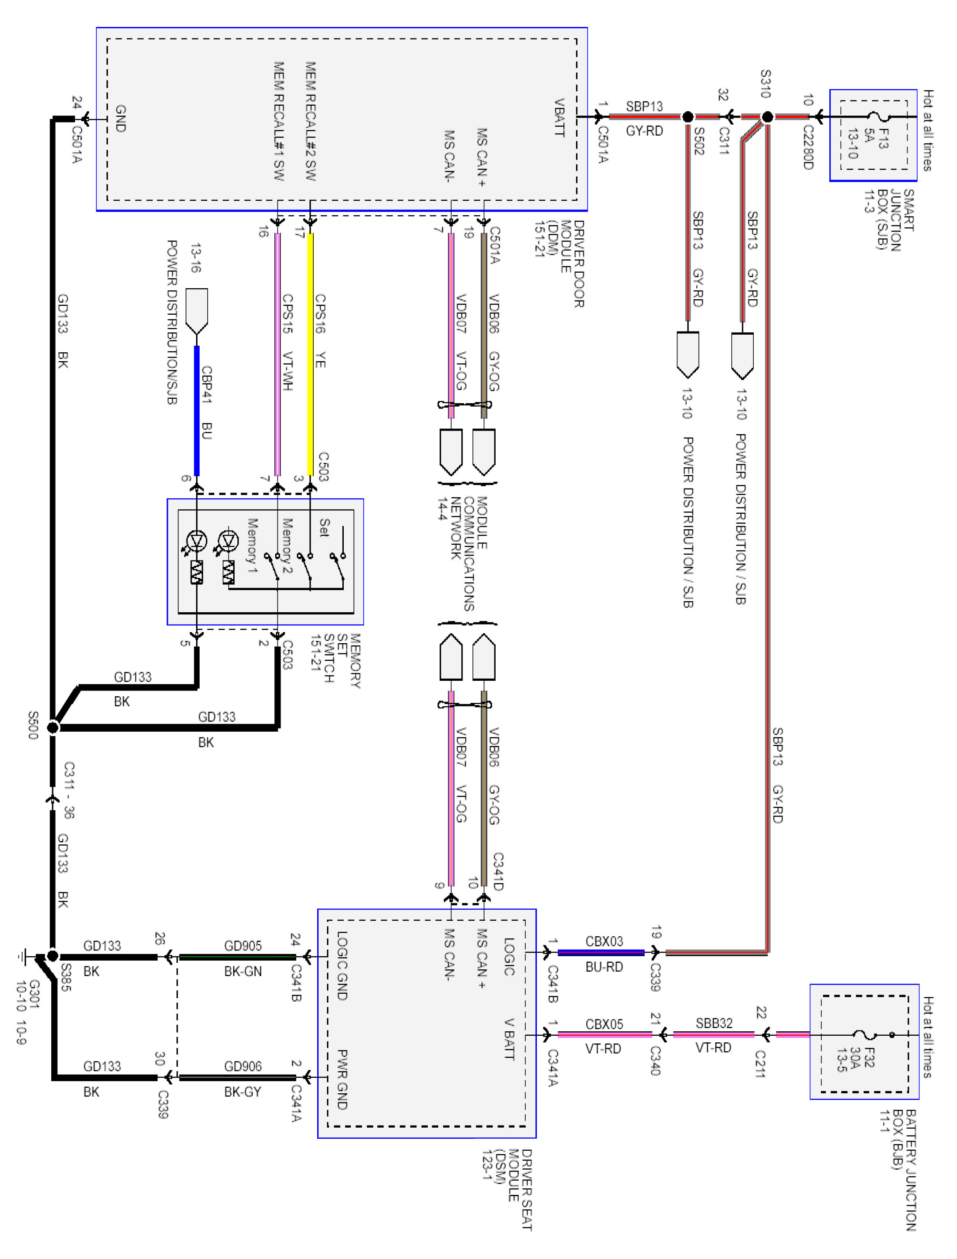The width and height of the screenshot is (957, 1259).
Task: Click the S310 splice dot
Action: [767, 117]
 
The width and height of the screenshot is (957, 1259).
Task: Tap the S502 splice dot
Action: [687, 117]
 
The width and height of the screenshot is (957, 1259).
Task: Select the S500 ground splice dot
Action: [53, 727]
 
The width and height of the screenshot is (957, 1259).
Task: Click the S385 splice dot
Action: [53, 956]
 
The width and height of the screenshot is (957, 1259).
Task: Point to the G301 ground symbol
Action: [23, 956]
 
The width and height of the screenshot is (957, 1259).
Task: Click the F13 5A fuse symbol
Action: [880, 117]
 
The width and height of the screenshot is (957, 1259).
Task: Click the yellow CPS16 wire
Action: [311, 353]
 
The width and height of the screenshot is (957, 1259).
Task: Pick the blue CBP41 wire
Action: [197, 410]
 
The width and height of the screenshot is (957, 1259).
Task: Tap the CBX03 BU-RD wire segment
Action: [601, 952]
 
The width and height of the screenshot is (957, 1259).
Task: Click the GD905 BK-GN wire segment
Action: [238, 957]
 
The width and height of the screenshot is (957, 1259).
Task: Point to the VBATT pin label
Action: [559, 118]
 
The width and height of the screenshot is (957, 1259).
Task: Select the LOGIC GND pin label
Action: [342, 965]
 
